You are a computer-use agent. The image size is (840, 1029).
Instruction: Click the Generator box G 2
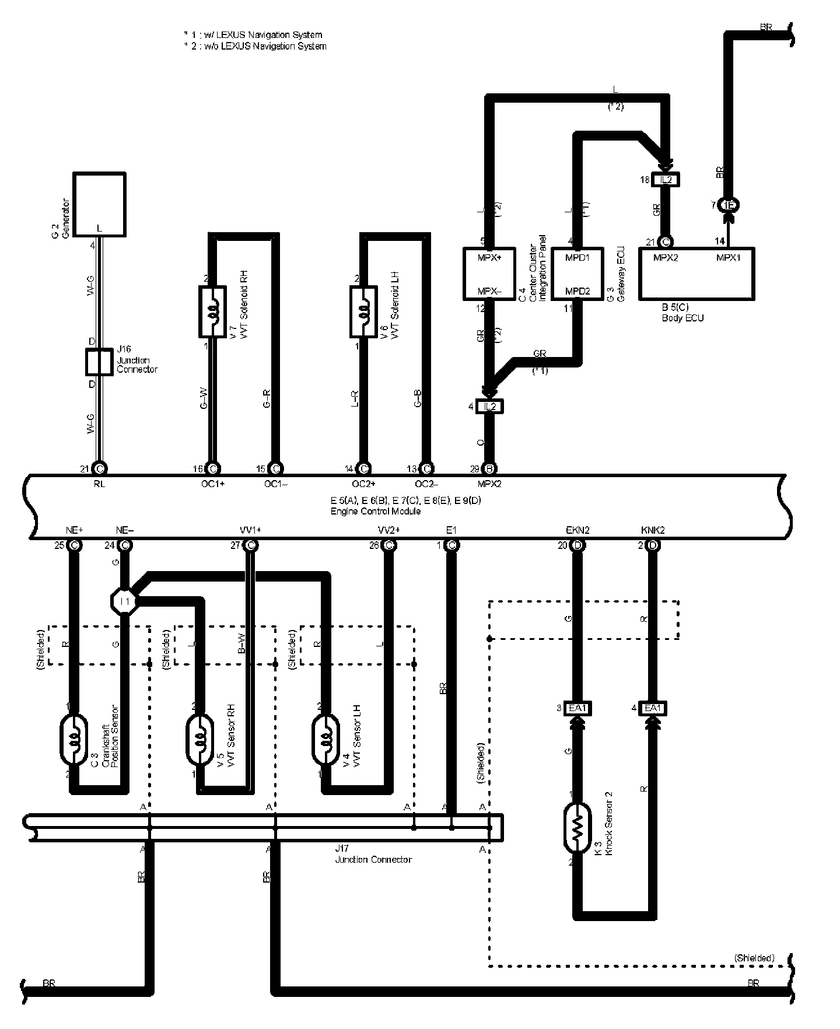(x=99, y=204)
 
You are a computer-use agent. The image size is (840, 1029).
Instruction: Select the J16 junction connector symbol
(x=99, y=362)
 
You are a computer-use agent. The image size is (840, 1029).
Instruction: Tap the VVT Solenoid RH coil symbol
(x=213, y=311)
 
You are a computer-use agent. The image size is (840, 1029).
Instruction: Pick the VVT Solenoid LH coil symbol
(x=363, y=311)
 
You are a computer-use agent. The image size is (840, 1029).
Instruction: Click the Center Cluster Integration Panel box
(x=491, y=274)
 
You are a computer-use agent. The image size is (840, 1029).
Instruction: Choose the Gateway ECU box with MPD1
(x=577, y=274)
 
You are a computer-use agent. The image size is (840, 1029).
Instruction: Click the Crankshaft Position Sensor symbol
(x=74, y=741)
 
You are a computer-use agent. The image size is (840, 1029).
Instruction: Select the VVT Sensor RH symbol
(x=200, y=741)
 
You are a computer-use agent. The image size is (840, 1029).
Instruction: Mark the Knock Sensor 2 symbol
(x=577, y=828)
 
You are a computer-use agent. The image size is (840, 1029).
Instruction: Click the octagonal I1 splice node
(x=124, y=601)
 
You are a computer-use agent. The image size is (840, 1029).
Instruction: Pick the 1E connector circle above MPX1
(x=729, y=205)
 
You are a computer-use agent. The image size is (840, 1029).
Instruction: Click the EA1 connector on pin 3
(x=578, y=709)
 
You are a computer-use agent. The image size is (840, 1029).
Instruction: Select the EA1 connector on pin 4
(x=653, y=709)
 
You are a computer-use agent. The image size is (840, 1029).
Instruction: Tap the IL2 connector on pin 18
(x=666, y=180)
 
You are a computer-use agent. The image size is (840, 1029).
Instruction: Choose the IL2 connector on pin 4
(x=490, y=407)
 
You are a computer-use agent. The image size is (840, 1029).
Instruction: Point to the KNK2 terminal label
(x=653, y=530)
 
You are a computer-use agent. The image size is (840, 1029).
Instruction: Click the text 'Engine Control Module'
(x=376, y=511)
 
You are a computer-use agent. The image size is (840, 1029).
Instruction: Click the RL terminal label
(x=99, y=484)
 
